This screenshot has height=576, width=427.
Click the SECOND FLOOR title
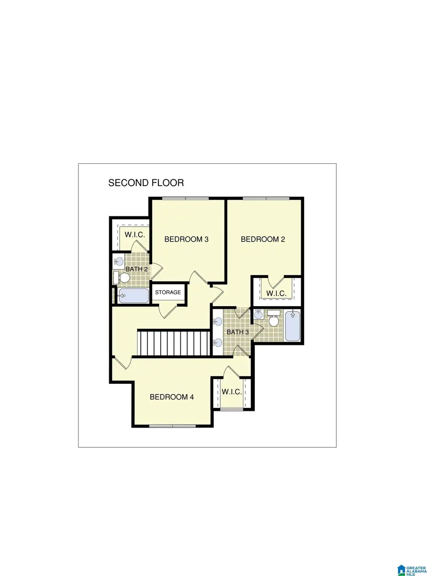(x=146, y=183)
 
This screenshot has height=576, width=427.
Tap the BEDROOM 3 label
(x=186, y=239)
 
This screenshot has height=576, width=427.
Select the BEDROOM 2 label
(x=263, y=239)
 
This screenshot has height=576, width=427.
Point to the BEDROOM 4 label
(x=172, y=397)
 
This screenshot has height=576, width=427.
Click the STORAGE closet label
(x=168, y=292)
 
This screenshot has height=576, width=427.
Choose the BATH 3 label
(x=238, y=332)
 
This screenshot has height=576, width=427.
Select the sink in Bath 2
(x=119, y=260)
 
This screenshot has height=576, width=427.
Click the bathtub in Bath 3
(x=293, y=325)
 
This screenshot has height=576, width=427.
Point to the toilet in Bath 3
(x=274, y=319)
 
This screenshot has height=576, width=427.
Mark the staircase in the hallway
(x=173, y=343)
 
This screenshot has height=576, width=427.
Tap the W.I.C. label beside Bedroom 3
(x=135, y=235)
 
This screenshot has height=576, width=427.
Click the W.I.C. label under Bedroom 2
(x=276, y=294)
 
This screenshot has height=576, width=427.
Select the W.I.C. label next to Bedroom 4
(x=232, y=392)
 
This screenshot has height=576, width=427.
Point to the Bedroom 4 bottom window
(x=172, y=426)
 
